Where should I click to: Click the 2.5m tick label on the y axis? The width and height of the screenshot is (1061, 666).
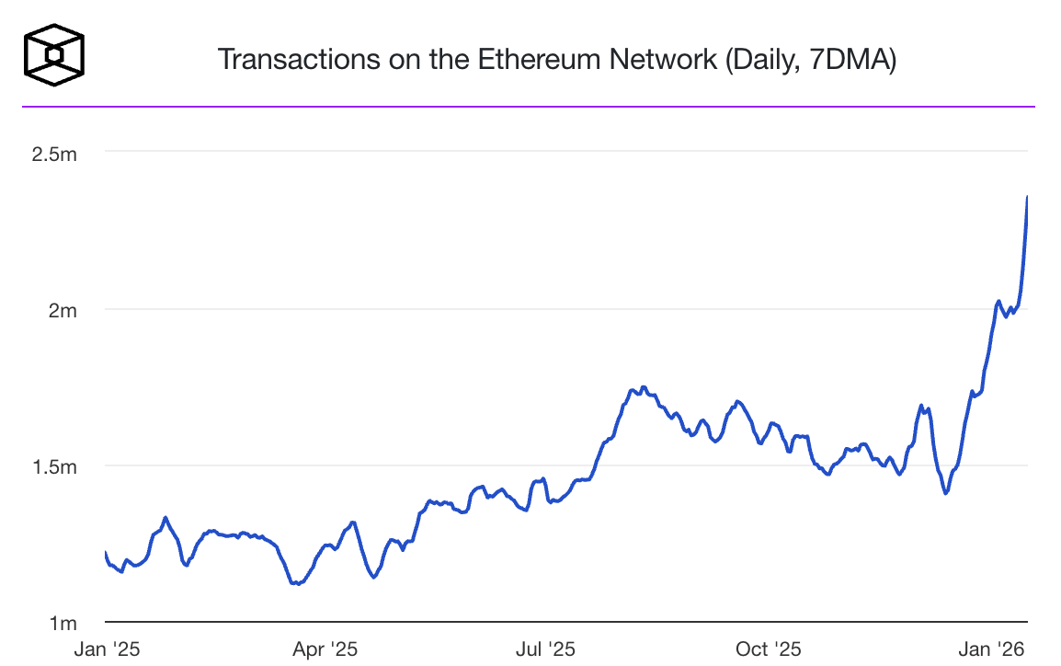coord(54,154)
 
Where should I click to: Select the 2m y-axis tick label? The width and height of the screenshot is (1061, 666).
coord(63,310)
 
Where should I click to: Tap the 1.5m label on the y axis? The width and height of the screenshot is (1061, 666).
coord(54,466)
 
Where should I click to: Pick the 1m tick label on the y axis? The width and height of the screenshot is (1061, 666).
coord(63,623)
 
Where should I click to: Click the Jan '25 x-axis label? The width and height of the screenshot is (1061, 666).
coord(108,649)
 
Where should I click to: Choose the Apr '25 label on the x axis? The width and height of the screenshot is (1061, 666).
coord(325,649)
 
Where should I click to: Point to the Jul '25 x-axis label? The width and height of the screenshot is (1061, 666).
coord(544,649)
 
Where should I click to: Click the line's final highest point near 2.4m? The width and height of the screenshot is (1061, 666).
coord(1026,197)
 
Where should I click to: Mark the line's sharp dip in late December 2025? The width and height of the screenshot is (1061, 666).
coord(945,493)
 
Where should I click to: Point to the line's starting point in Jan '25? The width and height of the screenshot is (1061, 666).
coord(106,552)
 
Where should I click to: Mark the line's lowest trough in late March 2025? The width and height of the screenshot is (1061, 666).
coord(296,583)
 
